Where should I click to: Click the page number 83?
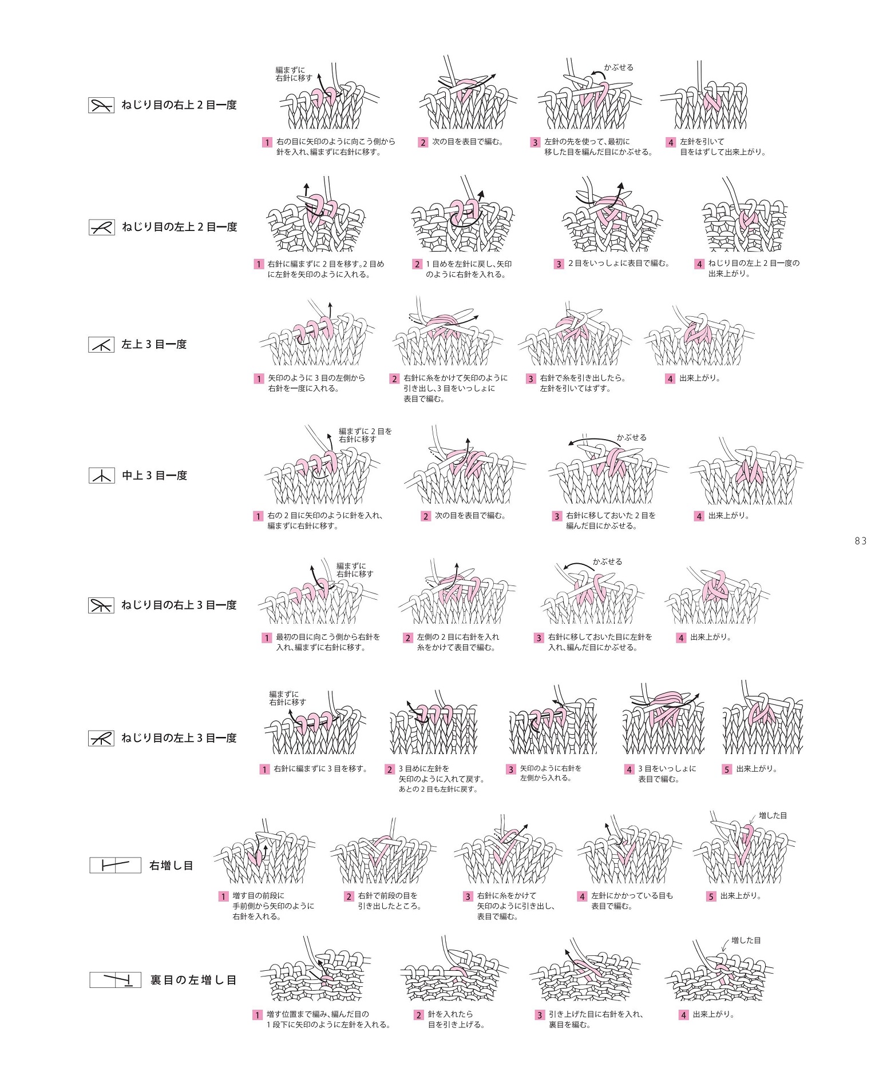pos(860,541)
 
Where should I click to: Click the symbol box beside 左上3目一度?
pos(101,344)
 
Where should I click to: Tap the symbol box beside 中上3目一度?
pos(101,475)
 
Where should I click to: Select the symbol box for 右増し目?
pos(115,865)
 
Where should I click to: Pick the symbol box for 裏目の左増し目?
pos(115,980)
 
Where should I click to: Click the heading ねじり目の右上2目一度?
pos(179,105)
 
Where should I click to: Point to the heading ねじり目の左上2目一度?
pos(179,227)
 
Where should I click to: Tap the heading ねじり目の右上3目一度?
pos(179,605)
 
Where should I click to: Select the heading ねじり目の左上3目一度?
pos(179,738)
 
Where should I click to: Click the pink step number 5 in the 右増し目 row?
pos(711,896)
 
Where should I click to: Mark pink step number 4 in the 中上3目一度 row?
pos(699,516)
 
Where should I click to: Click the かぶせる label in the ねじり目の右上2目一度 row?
pos(619,67)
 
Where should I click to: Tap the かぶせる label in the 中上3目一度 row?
pos(631,437)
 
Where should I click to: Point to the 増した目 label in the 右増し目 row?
pos(773,815)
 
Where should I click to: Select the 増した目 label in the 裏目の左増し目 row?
pos(746,940)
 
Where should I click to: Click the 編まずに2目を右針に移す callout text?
pos(365,435)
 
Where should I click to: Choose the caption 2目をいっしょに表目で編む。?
pos(618,264)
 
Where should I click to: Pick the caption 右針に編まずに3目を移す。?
pos(320,769)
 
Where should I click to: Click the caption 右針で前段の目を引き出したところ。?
pos(389,901)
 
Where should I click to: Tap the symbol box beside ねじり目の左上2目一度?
pos(101,227)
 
